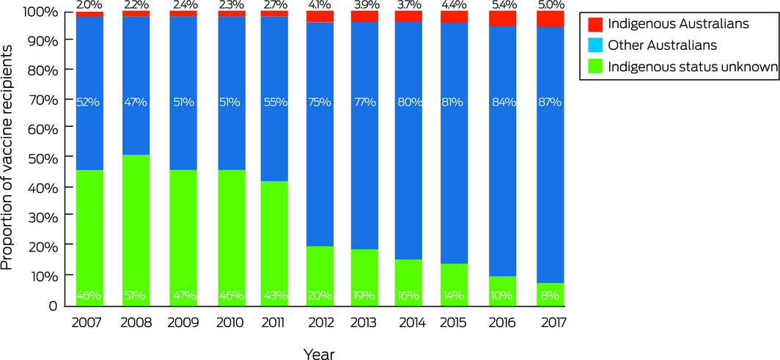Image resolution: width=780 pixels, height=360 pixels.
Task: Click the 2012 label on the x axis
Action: [x=320, y=323]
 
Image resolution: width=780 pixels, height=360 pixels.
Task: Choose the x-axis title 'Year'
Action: [x=320, y=354]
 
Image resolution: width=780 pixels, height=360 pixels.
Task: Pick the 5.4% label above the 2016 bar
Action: [x=502, y=5]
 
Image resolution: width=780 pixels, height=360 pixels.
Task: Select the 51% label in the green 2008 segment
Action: [x=135, y=296]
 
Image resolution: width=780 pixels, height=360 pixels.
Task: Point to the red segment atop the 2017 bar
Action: [x=549, y=18]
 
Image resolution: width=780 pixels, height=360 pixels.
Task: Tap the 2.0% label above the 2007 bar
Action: [x=89, y=5]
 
